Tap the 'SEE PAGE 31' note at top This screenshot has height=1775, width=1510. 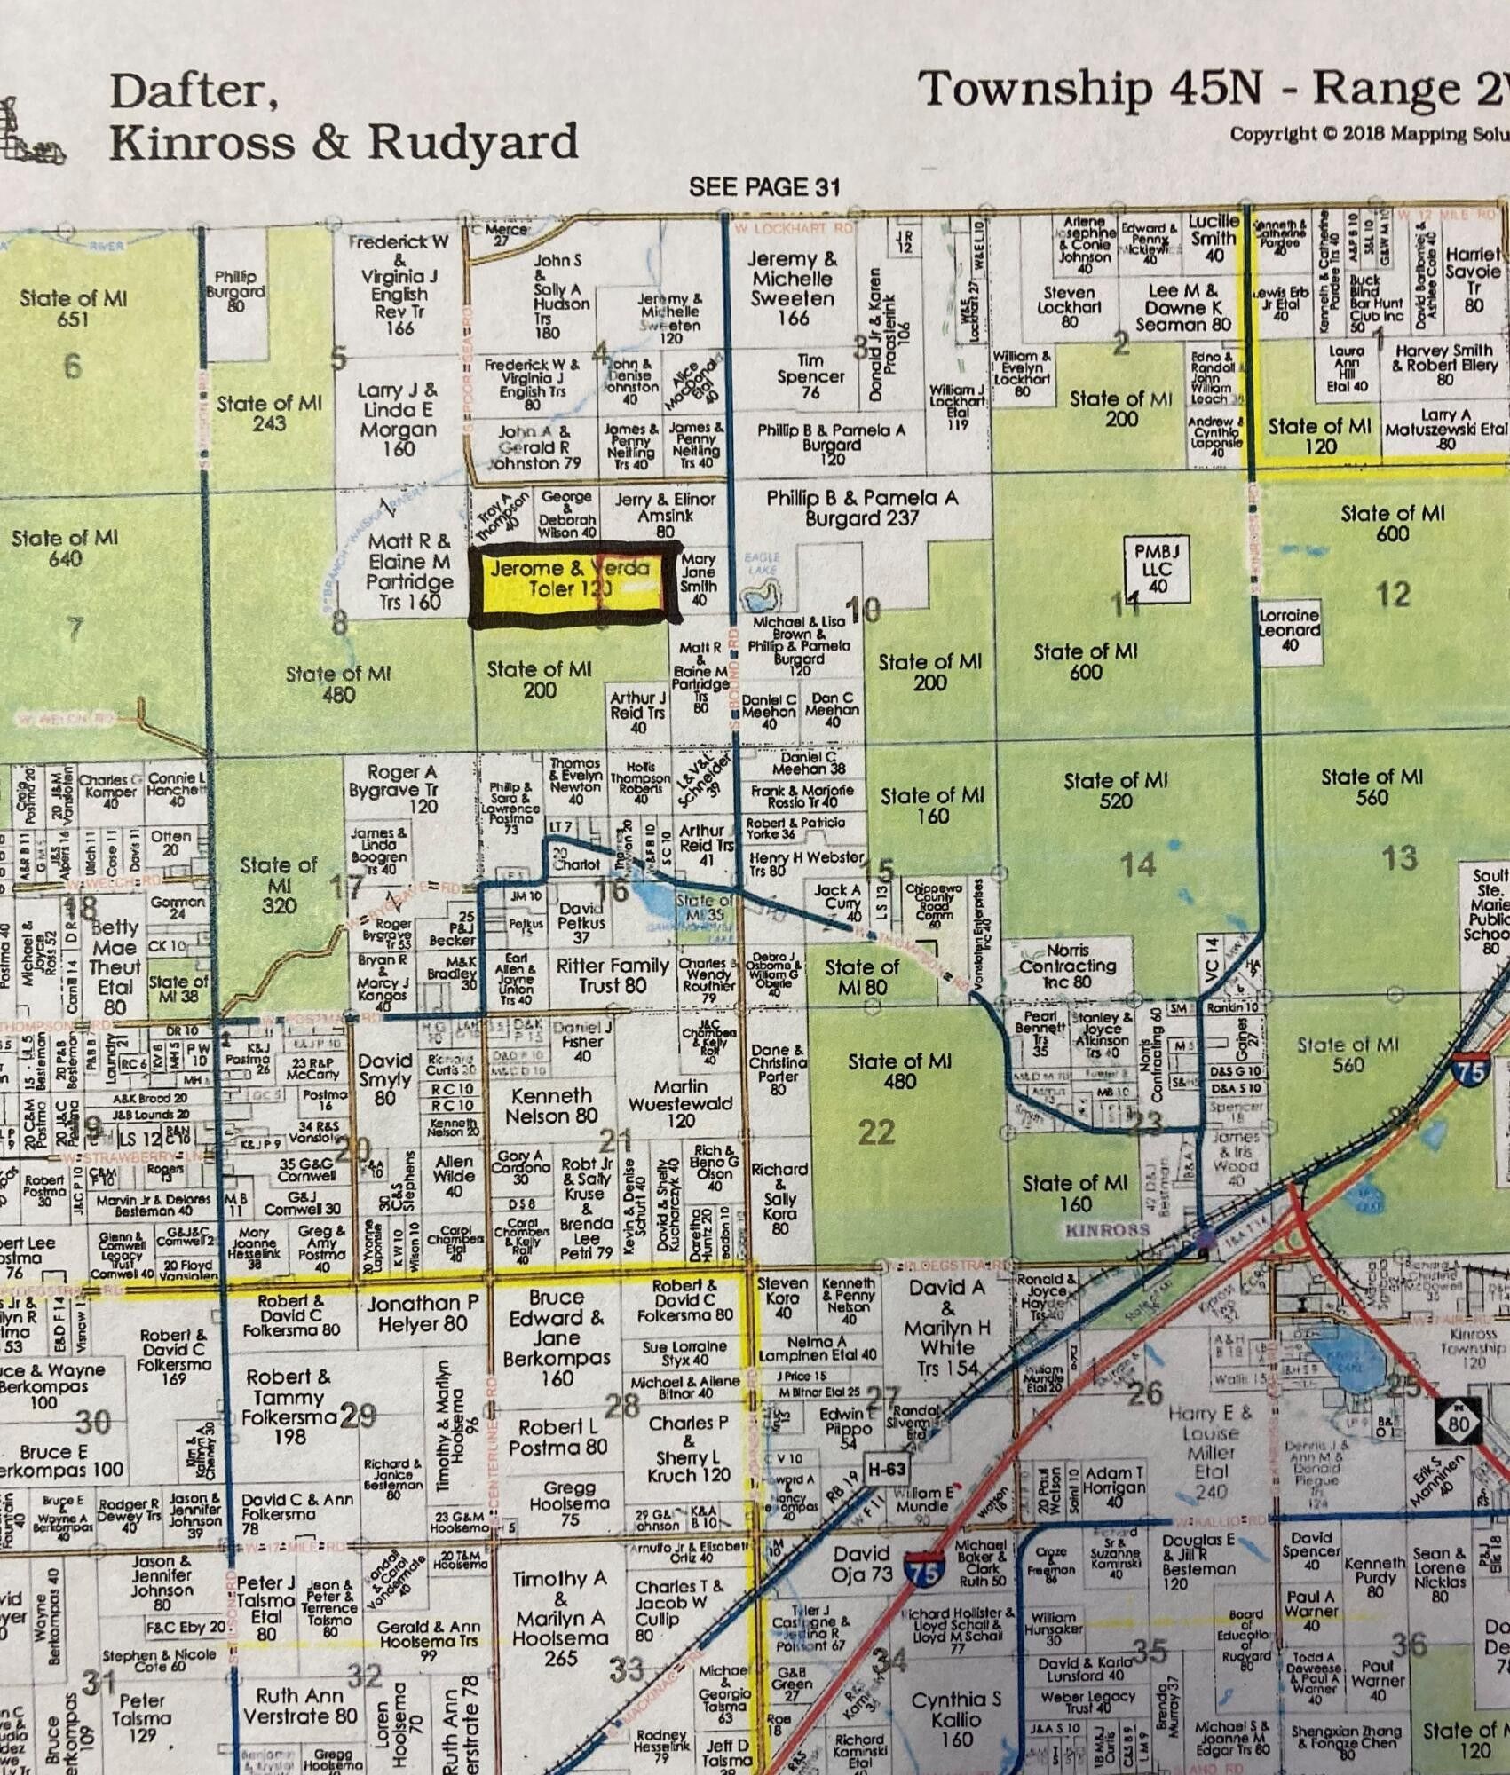[763, 187]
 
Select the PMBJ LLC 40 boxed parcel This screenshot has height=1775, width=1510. [1157, 569]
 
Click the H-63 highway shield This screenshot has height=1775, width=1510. [886, 1469]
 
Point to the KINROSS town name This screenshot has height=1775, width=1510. [1107, 1230]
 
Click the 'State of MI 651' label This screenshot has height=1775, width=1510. [73, 308]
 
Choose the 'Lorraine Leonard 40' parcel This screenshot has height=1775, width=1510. [1289, 629]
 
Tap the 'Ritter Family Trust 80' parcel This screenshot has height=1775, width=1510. [612, 974]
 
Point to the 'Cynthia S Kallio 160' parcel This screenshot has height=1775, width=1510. [956, 1719]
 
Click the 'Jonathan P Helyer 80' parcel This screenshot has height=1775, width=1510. [422, 1313]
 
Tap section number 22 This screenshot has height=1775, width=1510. [876, 1132]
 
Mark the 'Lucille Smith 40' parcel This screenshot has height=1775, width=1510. [1213, 237]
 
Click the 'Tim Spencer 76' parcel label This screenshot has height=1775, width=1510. [810, 375]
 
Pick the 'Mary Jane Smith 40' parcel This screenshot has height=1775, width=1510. [698, 579]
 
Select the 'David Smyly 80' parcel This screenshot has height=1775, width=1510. [383, 1079]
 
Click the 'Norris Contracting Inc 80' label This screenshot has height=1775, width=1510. [1068, 966]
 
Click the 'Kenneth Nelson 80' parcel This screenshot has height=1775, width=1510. [551, 1105]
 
